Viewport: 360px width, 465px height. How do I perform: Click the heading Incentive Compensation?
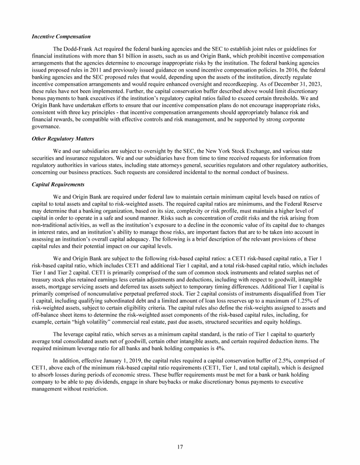tap(61, 37)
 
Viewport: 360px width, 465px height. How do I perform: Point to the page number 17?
tap(180, 446)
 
